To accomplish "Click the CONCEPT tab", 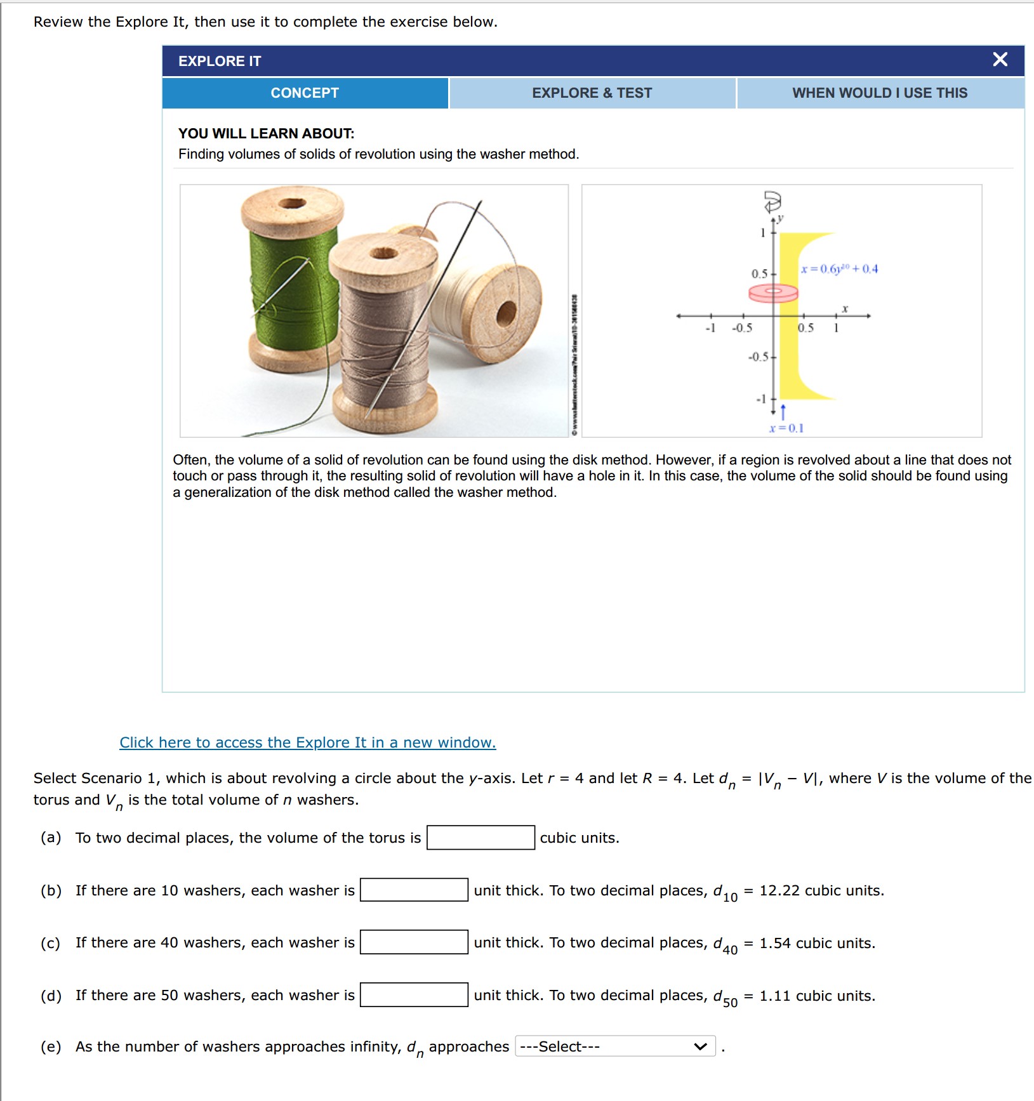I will point(305,93).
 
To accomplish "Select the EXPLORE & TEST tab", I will point(592,93).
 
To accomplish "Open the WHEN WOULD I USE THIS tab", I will point(880,93).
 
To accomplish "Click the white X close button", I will point(1000,60).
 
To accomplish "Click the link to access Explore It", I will point(308,742).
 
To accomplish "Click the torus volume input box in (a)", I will point(481,838).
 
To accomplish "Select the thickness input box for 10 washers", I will point(414,890).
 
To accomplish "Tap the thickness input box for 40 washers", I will point(414,942).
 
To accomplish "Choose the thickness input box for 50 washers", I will point(414,995).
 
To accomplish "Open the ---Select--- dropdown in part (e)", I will point(614,1046).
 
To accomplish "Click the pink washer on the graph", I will point(772,293).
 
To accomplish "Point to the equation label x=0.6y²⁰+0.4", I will point(839,269).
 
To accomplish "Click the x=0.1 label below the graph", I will point(786,428).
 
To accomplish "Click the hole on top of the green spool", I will point(293,204).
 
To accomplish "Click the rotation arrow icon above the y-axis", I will point(772,202).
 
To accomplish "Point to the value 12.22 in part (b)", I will point(779,890).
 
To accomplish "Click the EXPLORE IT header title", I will point(220,62).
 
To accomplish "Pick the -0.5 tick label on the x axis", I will point(741,328).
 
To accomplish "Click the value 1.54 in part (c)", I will point(775,943).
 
